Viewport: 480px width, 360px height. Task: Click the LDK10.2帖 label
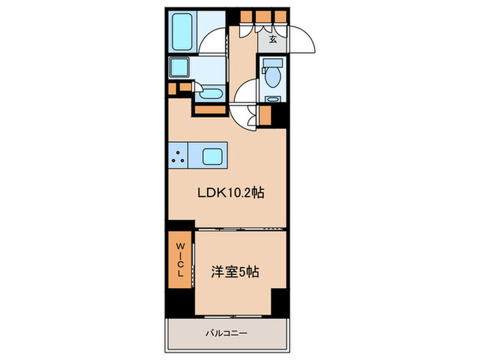(x=230, y=193)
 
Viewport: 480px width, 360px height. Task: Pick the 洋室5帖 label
(x=234, y=272)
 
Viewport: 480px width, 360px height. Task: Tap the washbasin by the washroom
(x=212, y=93)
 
